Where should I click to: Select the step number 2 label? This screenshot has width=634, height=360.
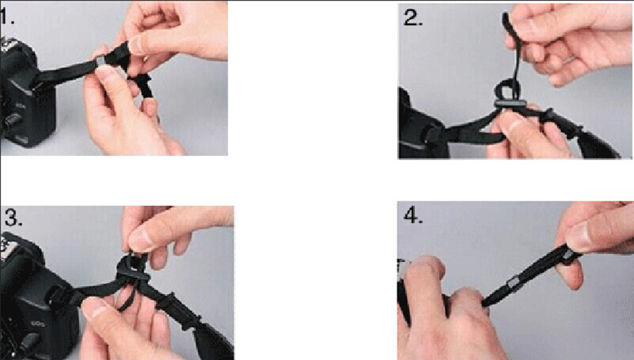(413, 18)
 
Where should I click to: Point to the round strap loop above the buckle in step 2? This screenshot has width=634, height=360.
(507, 90)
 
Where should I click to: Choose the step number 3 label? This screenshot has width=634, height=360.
(13, 217)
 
